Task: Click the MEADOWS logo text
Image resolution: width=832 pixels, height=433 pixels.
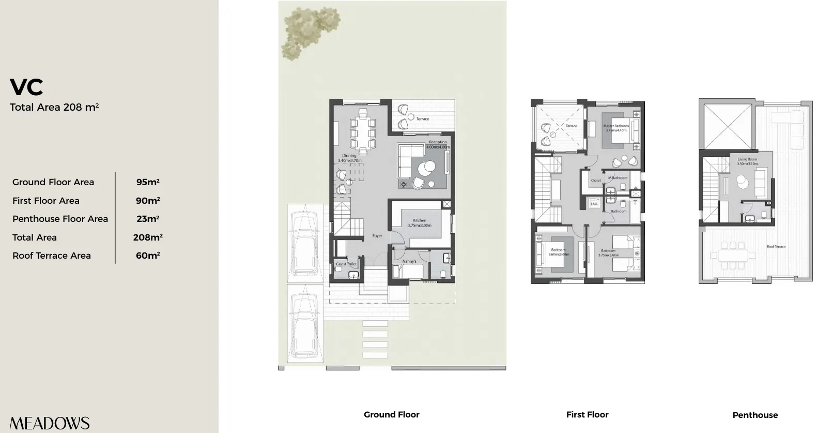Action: click(50, 423)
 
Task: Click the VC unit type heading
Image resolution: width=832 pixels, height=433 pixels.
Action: click(26, 87)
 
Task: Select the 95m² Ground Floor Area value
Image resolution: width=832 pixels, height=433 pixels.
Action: click(147, 182)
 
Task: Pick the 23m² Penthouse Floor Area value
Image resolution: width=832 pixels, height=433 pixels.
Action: click(147, 219)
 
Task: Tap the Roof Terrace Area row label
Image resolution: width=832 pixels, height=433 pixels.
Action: click(52, 256)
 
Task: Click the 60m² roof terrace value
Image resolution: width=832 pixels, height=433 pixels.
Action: click(147, 256)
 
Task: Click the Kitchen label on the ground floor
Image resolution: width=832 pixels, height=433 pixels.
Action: click(419, 220)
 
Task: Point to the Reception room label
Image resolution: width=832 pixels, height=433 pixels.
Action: click(438, 142)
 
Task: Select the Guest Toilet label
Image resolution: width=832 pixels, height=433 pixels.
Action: click(346, 264)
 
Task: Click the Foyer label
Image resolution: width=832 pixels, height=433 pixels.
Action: click(377, 236)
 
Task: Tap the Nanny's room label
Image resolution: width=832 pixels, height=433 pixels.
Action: click(409, 261)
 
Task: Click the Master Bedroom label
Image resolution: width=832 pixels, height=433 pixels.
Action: click(616, 126)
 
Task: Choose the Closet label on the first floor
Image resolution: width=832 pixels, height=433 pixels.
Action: click(596, 181)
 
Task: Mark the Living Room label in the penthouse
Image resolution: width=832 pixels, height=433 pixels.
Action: click(747, 159)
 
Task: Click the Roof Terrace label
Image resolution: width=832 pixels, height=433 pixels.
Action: click(776, 247)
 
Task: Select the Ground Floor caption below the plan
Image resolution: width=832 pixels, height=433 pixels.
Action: click(391, 414)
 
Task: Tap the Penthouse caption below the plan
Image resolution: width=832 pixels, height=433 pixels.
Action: click(755, 415)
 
